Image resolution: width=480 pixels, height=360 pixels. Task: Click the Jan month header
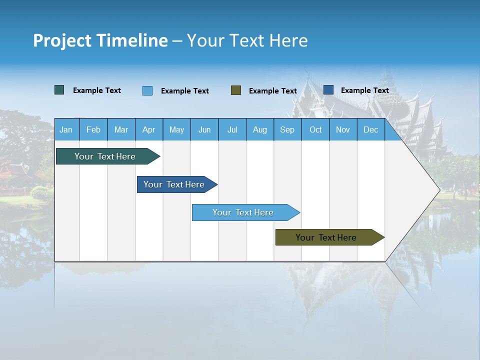click(x=66, y=129)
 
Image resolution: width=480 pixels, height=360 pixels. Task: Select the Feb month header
click(x=93, y=129)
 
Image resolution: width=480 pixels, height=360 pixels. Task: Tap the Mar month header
click(x=121, y=129)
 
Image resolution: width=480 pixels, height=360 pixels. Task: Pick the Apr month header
click(x=149, y=129)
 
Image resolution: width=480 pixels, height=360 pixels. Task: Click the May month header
click(x=176, y=129)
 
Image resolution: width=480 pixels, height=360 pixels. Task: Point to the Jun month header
click(x=204, y=129)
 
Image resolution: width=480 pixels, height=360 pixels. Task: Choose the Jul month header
click(x=232, y=129)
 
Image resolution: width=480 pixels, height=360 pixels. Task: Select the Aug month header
click(x=260, y=129)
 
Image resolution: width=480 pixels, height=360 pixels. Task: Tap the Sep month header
click(x=287, y=129)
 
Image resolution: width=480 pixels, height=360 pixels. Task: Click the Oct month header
click(x=315, y=129)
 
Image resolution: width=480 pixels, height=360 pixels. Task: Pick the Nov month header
click(x=343, y=129)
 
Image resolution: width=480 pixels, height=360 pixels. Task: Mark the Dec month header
click(x=371, y=129)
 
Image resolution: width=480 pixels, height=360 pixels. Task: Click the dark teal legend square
click(x=59, y=90)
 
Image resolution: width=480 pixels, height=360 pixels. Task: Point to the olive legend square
click(x=236, y=90)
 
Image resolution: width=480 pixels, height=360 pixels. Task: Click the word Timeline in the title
click(x=131, y=40)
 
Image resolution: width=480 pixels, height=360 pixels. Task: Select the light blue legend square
click(x=147, y=90)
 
